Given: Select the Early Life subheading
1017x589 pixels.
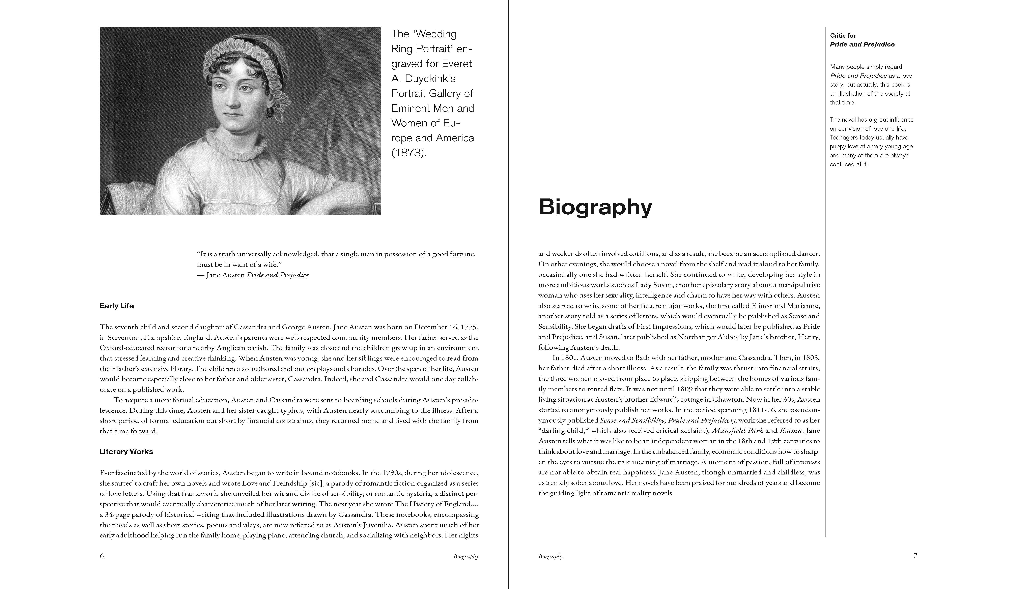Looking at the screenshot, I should [117, 306].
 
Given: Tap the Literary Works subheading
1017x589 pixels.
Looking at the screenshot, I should [126, 452].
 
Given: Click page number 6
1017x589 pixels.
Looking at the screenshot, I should [102, 556].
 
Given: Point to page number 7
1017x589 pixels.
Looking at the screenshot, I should [915, 556].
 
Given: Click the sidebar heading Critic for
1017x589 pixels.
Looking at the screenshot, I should [843, 35].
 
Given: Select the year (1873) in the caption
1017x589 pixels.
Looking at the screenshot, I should [408, 153].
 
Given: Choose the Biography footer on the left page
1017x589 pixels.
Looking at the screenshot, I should [466, 556].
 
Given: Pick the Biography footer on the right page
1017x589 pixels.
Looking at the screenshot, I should [551, 556].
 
